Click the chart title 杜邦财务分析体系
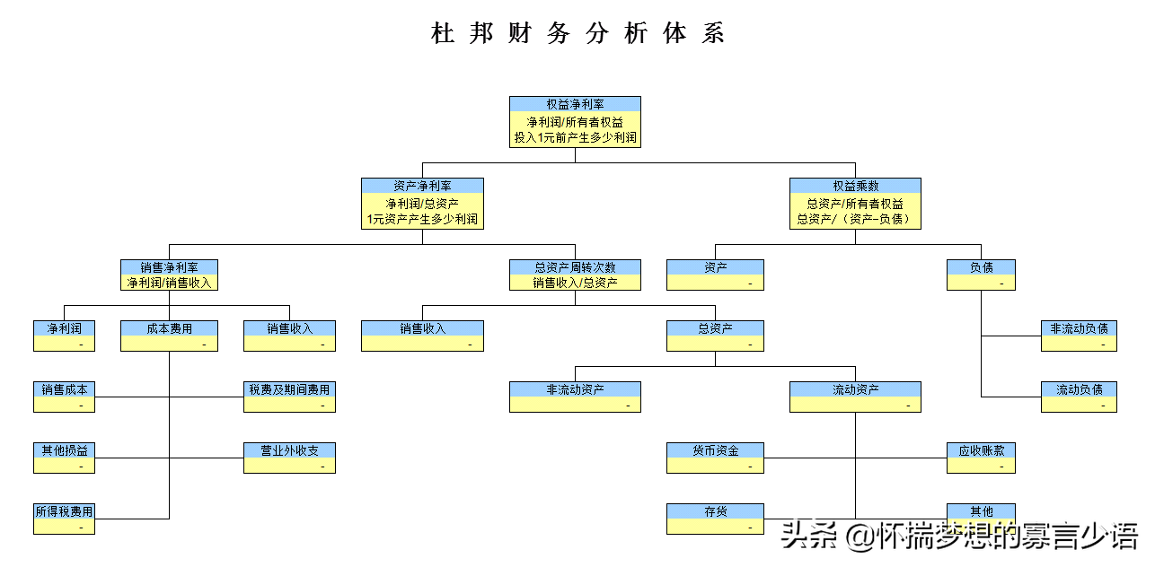[577, 34]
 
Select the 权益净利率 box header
[575, 104]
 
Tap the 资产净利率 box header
[422, 186]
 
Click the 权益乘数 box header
[855, 186]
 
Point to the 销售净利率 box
[169, 275]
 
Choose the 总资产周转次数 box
[575, 275]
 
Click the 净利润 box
[64, 336]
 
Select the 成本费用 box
[169, 336]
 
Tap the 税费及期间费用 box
[289, 397]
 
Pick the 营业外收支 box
[289, 458]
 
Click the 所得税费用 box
[64, 519]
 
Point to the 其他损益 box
[64, 458]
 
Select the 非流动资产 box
[575, 397]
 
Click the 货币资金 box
[715, 458]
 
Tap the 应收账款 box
[981, 458]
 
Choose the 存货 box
[715, 519]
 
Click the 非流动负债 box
[1079, 336]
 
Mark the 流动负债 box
[1079, 397]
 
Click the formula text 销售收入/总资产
[575, 283]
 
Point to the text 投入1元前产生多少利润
[575, 138]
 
